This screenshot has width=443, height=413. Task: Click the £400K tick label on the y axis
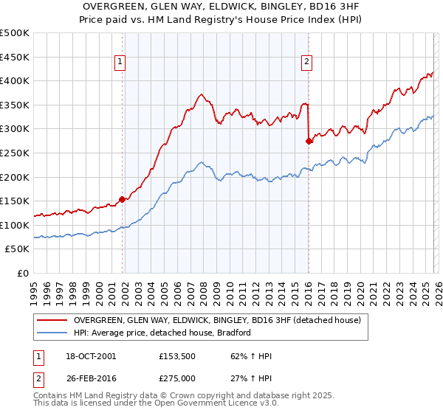coord(15,81)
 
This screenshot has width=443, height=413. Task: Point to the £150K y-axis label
coord(15,201)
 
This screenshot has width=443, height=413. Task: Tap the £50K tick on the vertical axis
coord(17,249)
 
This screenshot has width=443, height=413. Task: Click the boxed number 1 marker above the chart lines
coord(120,63)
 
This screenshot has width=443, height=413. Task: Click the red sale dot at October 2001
coord(122,199)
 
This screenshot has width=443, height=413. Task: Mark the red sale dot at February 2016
coord(309,141)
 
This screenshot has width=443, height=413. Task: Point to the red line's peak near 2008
coord(201,94)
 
